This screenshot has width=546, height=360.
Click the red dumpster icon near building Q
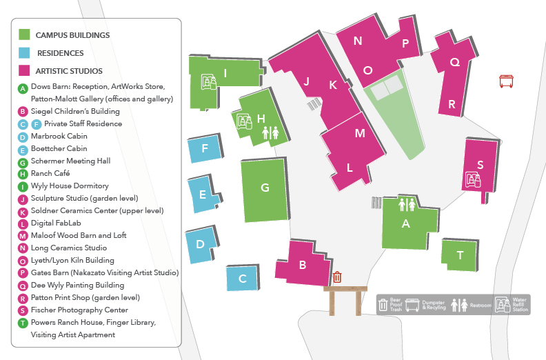(507, 81)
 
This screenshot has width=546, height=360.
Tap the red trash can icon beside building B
(337, 277)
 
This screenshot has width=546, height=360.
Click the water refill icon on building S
(473, 180)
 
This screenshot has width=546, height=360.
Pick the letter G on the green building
(264, 187)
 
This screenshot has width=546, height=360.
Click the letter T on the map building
(460, 255)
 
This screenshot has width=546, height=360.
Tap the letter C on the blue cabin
(242, 279)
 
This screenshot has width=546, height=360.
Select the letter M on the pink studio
(359, 134)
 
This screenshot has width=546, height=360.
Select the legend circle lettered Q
(23, 285)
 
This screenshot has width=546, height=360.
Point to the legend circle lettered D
(23, 137)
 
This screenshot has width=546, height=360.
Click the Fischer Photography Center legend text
(79, 310)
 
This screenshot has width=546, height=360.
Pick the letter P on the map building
(406, 43)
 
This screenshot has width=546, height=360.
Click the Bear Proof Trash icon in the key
(384, 303)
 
